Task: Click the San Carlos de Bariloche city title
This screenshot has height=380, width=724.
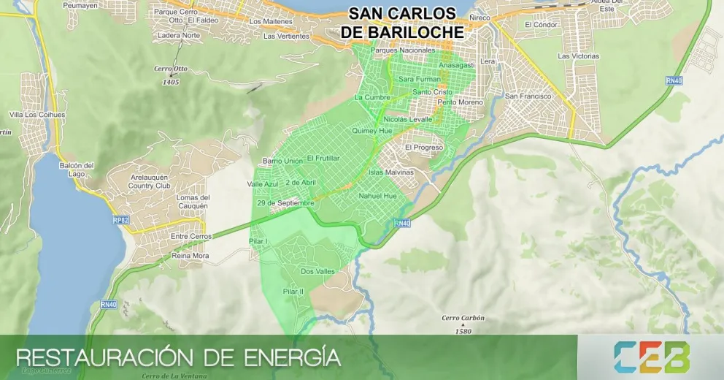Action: [402, 23]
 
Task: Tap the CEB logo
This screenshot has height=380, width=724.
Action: [652, 357]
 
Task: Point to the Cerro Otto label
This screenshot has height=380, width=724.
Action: [171, 69]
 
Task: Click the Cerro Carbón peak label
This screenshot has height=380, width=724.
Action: [463, 319]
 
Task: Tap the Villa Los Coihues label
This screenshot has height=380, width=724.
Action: [37, 115]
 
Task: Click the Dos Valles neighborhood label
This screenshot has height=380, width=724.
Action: [317, 271]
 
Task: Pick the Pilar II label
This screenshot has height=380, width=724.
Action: [293, 292]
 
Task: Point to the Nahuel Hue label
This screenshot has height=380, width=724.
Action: [377, 196]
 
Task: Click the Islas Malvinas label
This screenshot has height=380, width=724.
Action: [391, 172]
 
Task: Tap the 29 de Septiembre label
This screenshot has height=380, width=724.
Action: [285, 202]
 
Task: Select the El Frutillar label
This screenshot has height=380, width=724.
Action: [323, 158]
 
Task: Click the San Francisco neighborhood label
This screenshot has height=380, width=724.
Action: [529, 96]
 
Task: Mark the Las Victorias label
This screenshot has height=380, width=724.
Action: [578, 56]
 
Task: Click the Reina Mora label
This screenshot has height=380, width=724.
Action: [190, 256]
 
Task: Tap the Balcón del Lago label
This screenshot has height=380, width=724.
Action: [79, 169]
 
